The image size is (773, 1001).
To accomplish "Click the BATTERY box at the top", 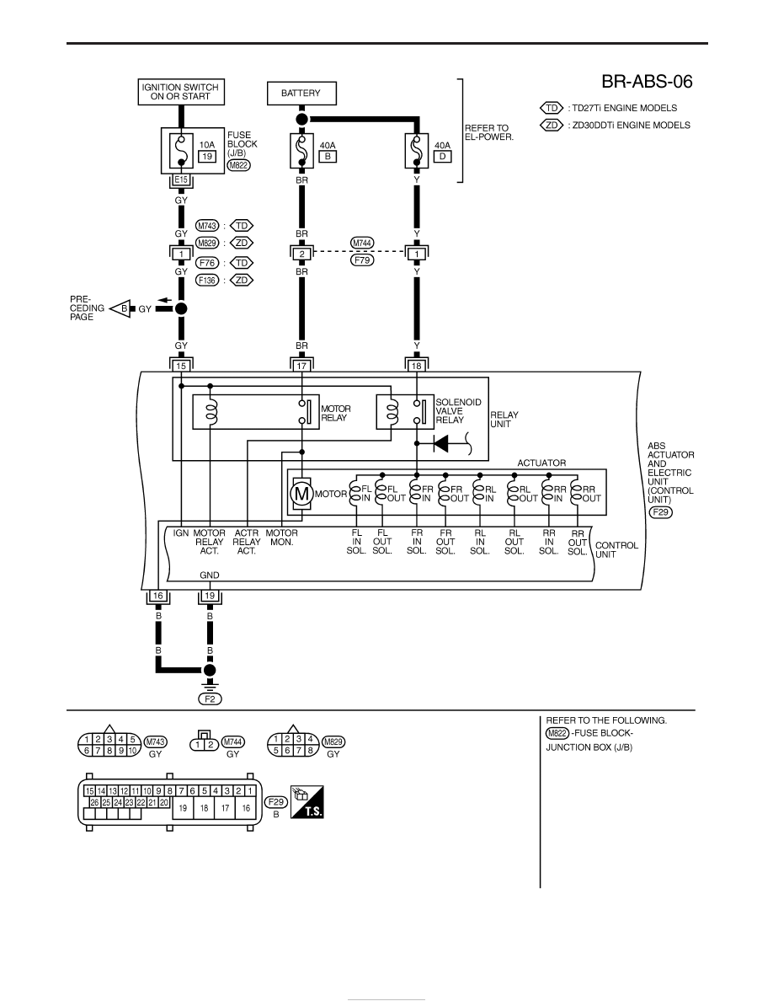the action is tap(301, 94).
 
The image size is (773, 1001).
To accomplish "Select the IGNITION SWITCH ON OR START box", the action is tap(180, 92).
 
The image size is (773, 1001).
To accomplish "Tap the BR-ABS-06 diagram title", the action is tap(647, 82).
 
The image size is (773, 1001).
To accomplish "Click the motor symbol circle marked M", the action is tap(301, 494).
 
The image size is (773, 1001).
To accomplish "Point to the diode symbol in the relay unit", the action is tap(440, 442).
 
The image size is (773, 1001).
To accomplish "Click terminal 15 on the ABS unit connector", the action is tap(181, 366).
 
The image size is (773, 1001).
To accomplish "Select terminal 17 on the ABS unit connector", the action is tap(301, 366).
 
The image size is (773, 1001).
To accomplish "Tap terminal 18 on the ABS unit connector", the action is tap(417, 366).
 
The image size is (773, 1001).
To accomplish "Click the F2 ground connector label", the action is tap(210, 699).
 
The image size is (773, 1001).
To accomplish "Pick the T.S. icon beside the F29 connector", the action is tap(307, 802).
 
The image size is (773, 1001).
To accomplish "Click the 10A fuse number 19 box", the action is tap(206, 157).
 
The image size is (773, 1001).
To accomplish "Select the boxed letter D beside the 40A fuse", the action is tap(442, 157).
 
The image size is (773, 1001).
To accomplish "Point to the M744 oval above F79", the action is tap(362, 244).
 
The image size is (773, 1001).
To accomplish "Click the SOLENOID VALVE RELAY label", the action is tap(458, 411).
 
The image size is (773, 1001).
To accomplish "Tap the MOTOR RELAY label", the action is tap(335, 413).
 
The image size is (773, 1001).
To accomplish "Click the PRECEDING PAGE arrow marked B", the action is tap(121, 309).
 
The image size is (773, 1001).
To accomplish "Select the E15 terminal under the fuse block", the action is tap(181, 180).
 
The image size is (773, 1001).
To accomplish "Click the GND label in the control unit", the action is tap(209, 575).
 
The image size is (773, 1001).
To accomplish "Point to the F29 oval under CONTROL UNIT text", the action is tap(661, 512).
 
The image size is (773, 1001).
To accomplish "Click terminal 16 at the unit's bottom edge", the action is tap(158, 596).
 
